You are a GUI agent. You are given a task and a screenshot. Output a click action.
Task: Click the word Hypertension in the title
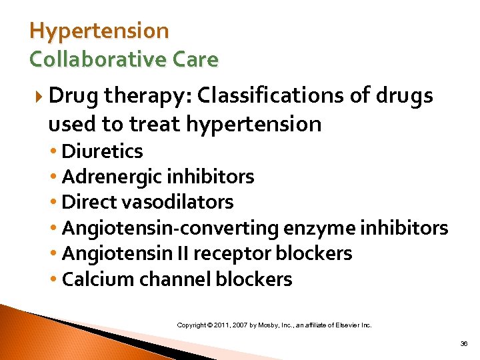tap(99, 31)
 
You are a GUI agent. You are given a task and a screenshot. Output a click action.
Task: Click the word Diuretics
tap(102, 151)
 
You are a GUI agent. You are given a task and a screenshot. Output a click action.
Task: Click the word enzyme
tap(319, 228)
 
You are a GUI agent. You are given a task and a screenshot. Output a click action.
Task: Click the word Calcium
tap(95, 279)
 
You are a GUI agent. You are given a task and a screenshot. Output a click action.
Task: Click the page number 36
tap(463, 344)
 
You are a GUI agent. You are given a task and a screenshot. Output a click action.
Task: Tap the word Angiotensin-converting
tap(170, 228)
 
